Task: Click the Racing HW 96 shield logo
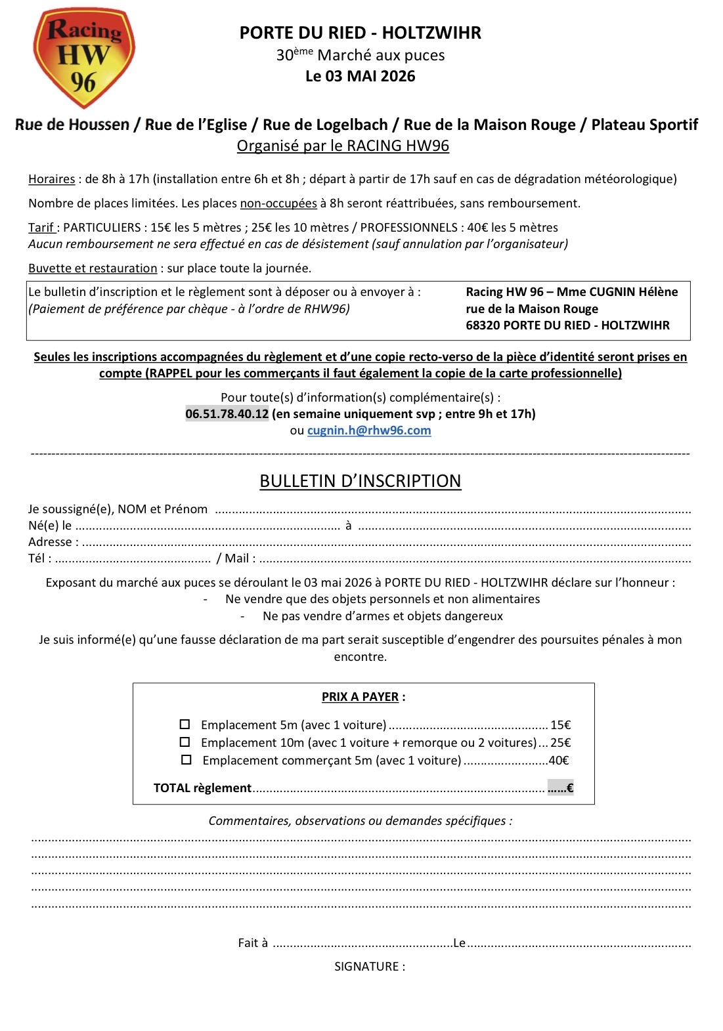click(x=83, y=58)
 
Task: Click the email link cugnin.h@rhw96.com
click(x=369, y=431)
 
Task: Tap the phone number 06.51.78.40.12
click(x=227, y=413)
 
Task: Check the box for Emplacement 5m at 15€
click(x=185, y=725)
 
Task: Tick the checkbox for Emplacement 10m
click(x=185, y=742)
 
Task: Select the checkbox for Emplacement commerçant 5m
click(x=186, y=760)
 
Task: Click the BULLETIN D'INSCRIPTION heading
click(x=360, y=481)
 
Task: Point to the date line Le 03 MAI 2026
click(x=360, y=76)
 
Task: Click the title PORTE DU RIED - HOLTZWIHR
click(x=360, y=33)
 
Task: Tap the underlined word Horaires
click(x=51, y=179)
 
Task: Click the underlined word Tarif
click(x=41, y=228)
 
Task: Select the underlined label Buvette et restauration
click(x=93, y=268)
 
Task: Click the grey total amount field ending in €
click(x=560, y=788)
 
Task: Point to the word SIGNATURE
click(x=369, y=966)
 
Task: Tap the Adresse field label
click(x=53, y=542)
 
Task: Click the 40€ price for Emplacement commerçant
click(x=558, y=761)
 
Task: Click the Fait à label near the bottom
click(x=253, y=943)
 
